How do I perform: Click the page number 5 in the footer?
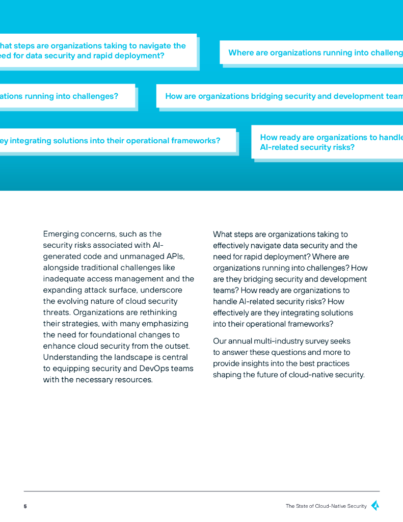point(25,506)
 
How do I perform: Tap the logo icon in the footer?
point(375,506)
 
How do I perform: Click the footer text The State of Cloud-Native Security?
point(326,506)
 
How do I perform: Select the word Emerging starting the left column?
point(61,234)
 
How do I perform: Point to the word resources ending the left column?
point(134,380)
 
